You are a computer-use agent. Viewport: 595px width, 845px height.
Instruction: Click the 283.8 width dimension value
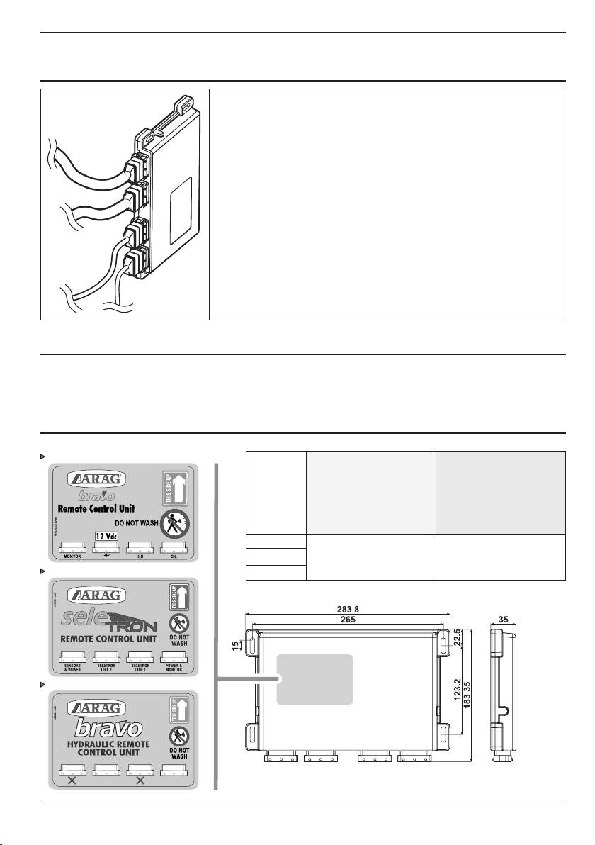[347, 608]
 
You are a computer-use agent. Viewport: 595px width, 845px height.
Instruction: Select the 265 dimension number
[347, 619]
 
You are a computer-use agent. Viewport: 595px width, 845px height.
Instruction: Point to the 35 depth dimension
[504, 619]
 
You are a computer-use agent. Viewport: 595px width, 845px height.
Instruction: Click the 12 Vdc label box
[104, 535]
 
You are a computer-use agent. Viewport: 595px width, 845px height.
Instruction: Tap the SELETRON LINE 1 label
[140, 668]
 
